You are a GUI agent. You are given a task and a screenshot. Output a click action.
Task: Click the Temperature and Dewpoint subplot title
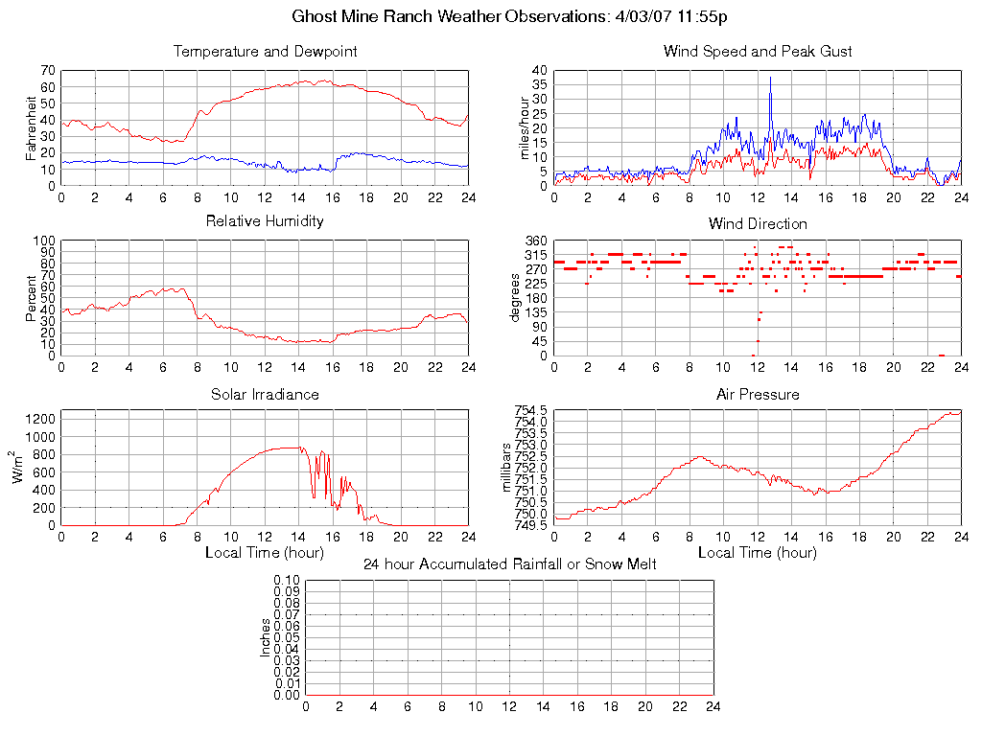pyautogui.click(x=265, y=52)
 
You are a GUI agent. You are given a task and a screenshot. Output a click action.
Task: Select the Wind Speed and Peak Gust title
pyautogui.click(x=758, y=52)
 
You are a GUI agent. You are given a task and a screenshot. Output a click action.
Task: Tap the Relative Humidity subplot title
pyautogui.click(x=265, y=221)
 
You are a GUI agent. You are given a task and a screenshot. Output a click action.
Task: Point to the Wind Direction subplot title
pyautogui.click(x=758, y=223)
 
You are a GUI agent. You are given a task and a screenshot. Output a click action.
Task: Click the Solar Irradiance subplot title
pyautogui.click(x=265, y=395)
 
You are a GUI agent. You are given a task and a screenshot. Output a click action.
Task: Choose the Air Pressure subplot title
pyautogui.click(x=758, y=395)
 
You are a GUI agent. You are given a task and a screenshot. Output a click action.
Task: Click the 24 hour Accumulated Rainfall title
pyautogui.click(x=509, y=564)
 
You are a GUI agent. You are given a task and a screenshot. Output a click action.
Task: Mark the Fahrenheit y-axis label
pyautogui.click(x=32, y=127)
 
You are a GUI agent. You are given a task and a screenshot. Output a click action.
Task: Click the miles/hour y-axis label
pyautogui.click(x=526, y=127)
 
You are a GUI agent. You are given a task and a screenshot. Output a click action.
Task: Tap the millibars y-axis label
pyautogui.click(x=509, y=468)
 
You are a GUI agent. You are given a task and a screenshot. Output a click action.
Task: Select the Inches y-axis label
pyautogui.click(x=266, y=637)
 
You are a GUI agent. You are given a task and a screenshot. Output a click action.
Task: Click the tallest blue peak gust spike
pyautogui.click(x=770, y=79)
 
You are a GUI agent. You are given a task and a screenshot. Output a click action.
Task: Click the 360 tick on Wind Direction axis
pyautogui.click(x=536, y=241)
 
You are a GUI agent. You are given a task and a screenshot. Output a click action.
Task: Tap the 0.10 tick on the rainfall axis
pyautogui.click(x=287, y=580)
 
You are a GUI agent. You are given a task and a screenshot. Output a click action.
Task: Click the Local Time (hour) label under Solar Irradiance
pyautogui.click(x=265, y=553)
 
